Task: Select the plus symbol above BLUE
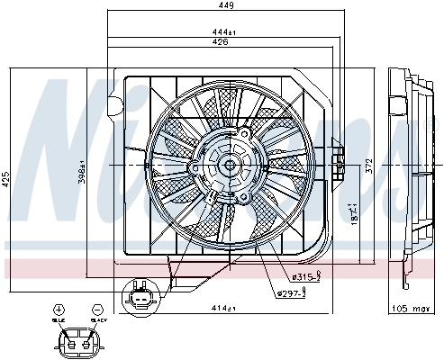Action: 59,309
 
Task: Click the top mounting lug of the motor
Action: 241,131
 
